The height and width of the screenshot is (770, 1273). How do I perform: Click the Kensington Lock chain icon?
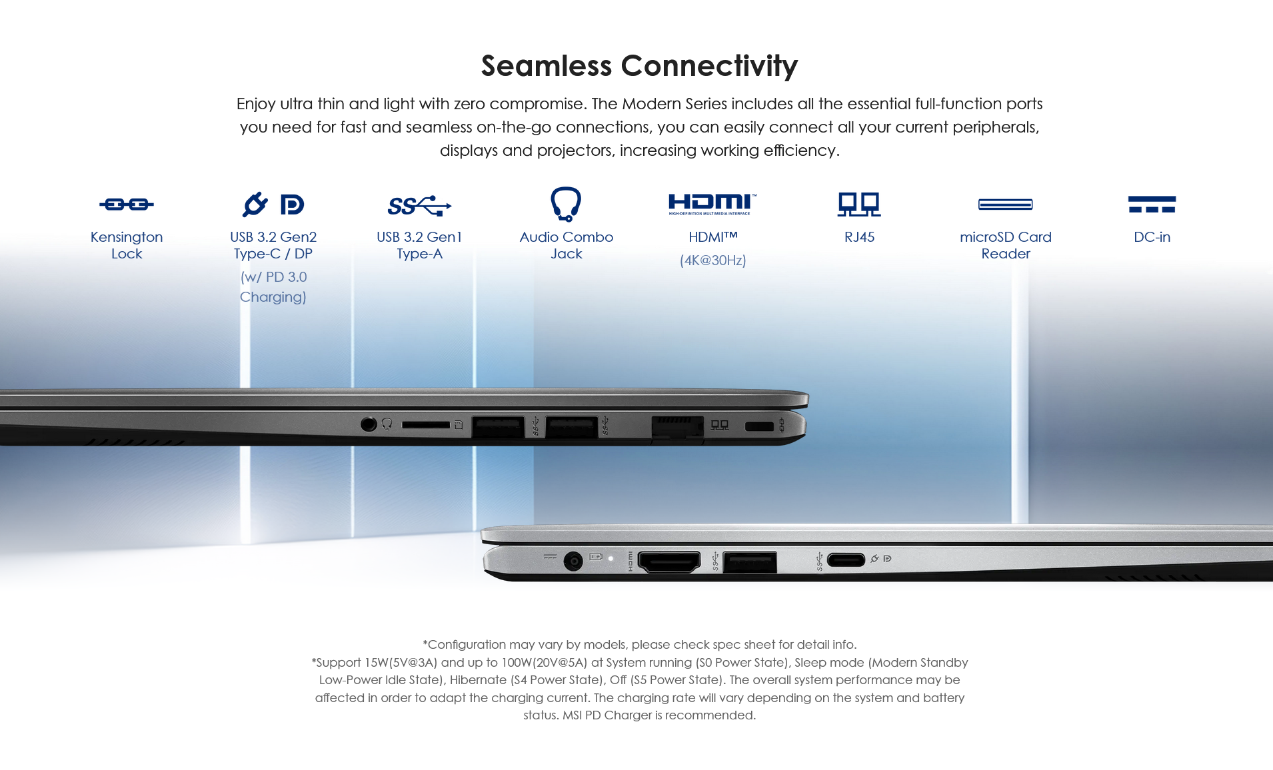coord(127,204)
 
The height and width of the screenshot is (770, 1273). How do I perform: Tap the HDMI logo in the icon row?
coord(712,204)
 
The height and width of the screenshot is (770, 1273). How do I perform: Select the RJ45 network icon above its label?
coord(859,204)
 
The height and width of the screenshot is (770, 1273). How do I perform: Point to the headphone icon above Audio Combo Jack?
coord(566,204)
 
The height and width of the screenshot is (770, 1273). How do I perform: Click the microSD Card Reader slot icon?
coord(1006,204)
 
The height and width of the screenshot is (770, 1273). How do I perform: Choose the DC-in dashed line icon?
coord(1152,204)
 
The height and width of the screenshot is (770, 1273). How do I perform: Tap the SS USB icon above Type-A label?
coord(419,206)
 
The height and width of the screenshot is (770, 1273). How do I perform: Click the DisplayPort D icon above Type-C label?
coord(292,204)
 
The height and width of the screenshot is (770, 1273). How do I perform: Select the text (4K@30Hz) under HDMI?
coord(712,260)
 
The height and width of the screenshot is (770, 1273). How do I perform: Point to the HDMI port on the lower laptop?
coord(669,562)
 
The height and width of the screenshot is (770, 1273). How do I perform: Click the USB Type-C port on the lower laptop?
coord(846,560)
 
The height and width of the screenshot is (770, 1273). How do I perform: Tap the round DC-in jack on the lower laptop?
coord(573,562)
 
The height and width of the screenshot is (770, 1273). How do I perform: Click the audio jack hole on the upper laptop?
coord(369,424)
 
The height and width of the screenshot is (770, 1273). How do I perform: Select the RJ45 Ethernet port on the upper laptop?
coord(677,427)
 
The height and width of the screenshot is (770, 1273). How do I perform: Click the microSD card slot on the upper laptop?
coord(426,424)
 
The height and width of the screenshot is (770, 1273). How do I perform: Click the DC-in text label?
coord(1152,237)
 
